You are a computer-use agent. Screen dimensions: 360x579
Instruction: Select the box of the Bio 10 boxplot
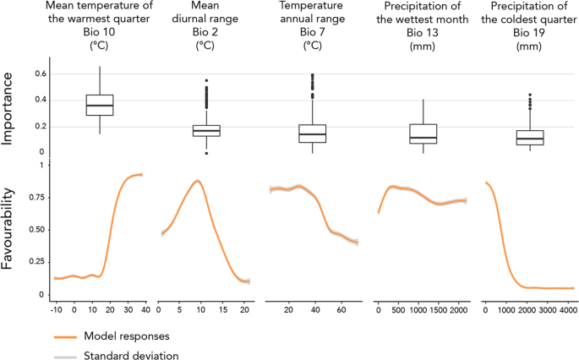coord(100,105)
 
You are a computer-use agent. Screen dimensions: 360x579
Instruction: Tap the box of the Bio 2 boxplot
coord(206,130)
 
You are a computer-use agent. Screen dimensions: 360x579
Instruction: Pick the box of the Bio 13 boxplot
coord(422,134)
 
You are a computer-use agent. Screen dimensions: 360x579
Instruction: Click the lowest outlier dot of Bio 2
coord(206,154)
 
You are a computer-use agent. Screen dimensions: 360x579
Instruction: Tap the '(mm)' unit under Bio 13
coord(422,47)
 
